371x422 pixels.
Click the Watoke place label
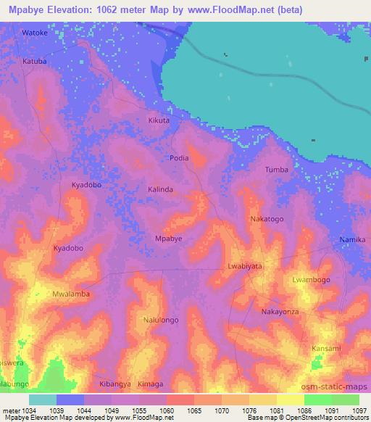[x=34, y=33]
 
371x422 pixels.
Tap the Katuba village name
[x=34, y=62]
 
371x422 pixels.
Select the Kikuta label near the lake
[x=159, y=120]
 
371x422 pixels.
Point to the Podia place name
[x=179, y=157]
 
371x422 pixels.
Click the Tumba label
[x=277, y=170]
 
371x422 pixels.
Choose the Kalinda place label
[x=161, y=189]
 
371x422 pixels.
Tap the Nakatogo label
[x=267, y=218]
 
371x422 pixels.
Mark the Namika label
[x=353, y=239]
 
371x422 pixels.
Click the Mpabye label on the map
[x=169, y=238]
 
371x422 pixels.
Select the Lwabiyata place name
[x=245, y=266]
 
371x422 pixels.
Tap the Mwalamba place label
[x=71, y=294]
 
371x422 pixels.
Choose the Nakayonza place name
[x=280, y=311]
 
